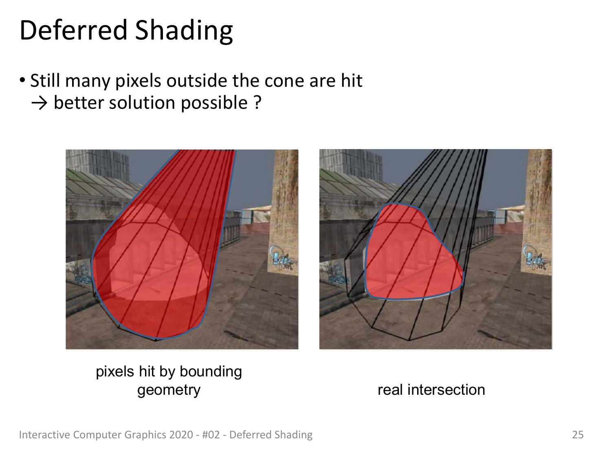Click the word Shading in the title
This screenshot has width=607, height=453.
(184, 31)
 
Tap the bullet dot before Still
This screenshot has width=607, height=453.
(22, 80)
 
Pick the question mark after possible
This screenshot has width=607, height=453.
(257, 102)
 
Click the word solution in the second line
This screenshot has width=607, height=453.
(142, 102)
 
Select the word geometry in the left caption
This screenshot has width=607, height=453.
(169, 391)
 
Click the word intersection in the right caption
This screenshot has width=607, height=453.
(446, 390)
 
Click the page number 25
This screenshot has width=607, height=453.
(578, 435)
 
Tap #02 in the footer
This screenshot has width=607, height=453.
(211, 435)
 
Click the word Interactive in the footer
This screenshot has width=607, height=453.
(44, 435)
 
